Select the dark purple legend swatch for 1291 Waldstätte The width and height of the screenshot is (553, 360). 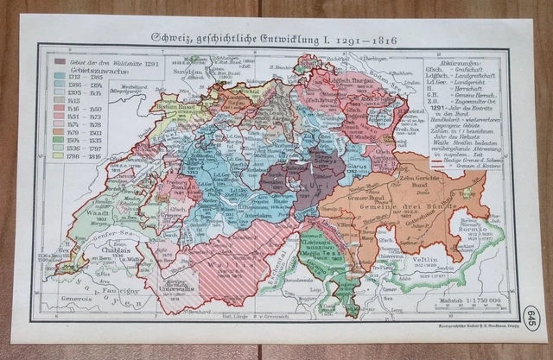tap(58, 63)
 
